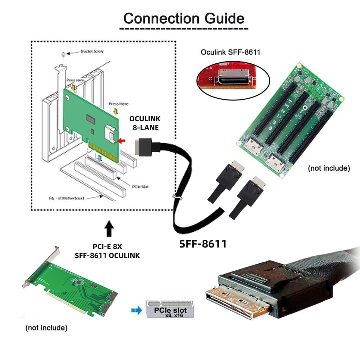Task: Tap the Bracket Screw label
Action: pyautogui.click(x=92, y=51)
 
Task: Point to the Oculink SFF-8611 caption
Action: pyautogui.click(x=230, y=52)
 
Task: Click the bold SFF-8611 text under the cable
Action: pyautogui.click(x=203, y=244)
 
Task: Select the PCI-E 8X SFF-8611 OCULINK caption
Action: pyautogui.click(x=107, y=251)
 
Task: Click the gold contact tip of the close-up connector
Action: pyautogui.click(x=238, y=304)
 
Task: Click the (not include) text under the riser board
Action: pyautogui.click(x=329, y=168)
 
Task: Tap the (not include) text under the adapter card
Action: pyautogui.click(x=46, y=328)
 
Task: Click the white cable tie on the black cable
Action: pyautogui.click(x=177, y=198)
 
